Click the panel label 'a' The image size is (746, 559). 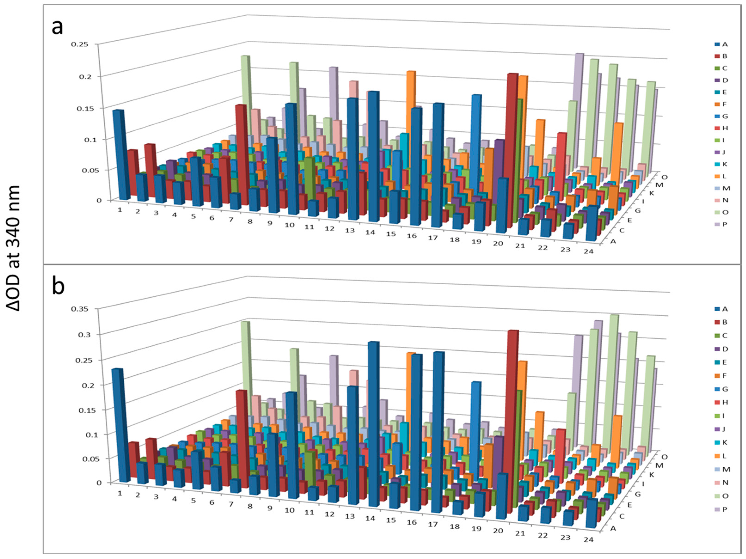pos(57,27)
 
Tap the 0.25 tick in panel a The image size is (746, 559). pos(80,44)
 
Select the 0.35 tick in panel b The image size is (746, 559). pos(80,309)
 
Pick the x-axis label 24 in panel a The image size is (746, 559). pos(588,251)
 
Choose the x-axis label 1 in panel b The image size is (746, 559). pos(120,493)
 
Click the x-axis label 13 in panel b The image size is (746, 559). pos(350,516)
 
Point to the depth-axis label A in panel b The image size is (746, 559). pos(613,528)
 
